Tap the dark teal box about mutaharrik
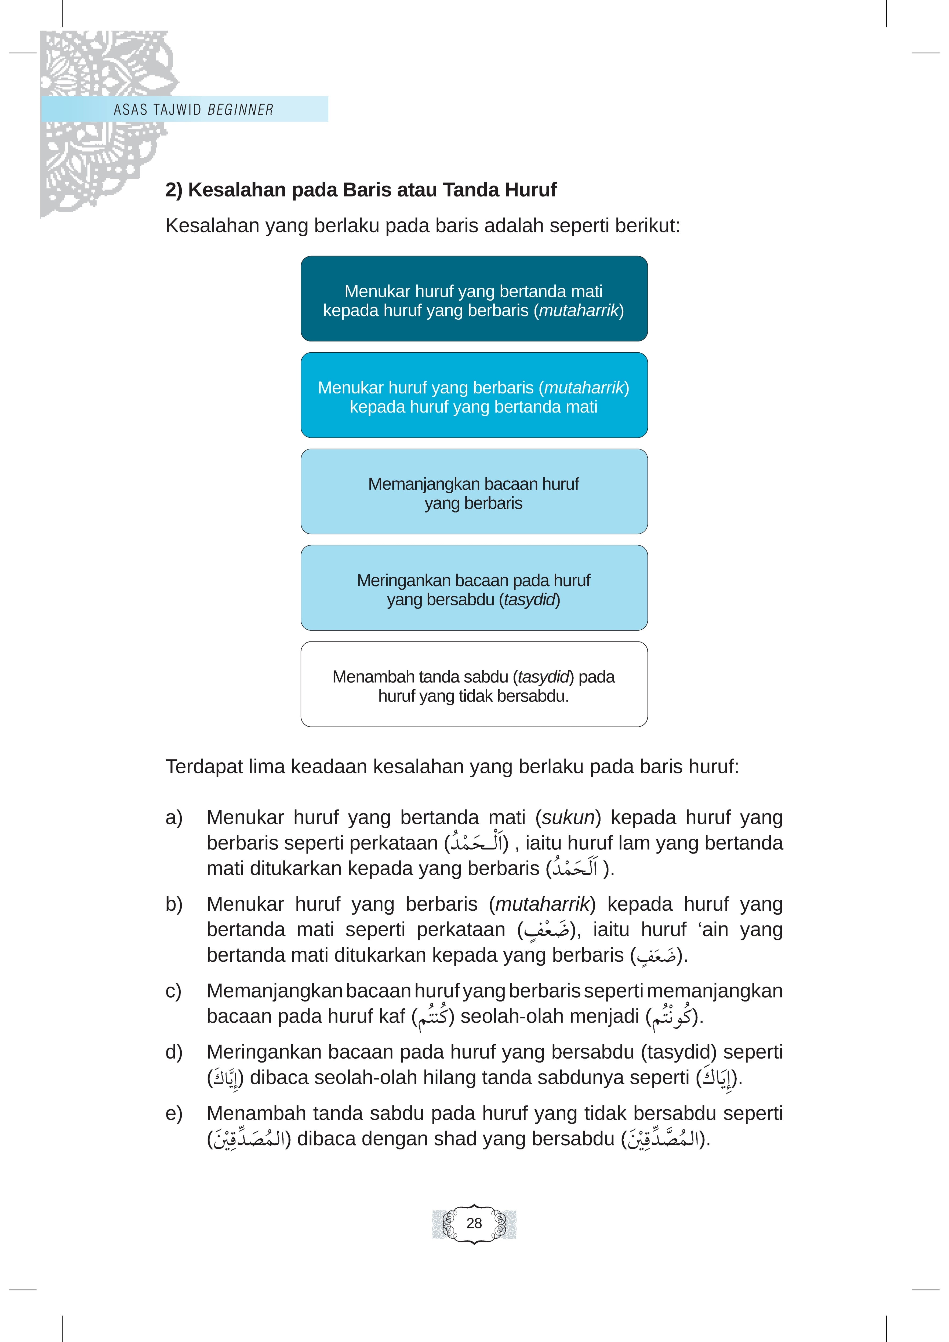(x=474, y=299)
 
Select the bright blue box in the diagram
(x=474, y=395)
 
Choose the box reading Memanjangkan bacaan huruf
(x=474, y=491)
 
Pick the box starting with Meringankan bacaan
(x=474, y=588)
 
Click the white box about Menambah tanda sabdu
(x=474, y=684)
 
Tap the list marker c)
(x=174, y=991)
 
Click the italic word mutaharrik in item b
(x=542, y=904)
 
